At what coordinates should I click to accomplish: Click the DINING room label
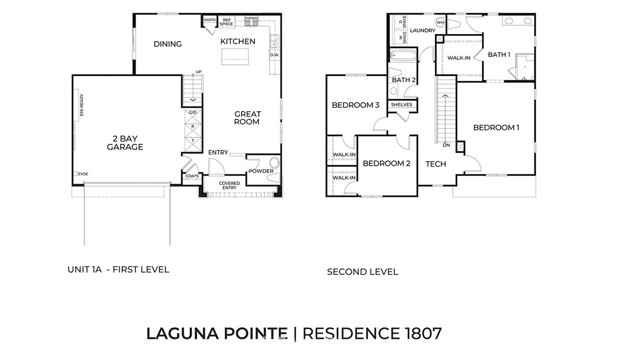click(168, 44)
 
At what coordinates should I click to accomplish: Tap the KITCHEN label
click(238, 41)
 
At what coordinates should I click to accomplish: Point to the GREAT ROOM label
click(247, 118)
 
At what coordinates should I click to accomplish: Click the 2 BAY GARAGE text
click(125, 142)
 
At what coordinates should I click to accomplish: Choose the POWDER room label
click(261, 170)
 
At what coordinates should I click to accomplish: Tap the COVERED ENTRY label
click(229, 185)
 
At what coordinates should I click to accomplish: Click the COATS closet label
click(192, 177)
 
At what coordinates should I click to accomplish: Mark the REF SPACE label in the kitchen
click(226, 21)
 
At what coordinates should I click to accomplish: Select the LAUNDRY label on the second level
click(422, 31)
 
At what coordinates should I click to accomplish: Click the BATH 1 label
click(500, 55)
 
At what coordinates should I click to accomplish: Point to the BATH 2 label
click(404, 80)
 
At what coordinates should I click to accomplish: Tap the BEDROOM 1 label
click(496, 127)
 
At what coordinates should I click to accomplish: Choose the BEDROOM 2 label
click(386, 163)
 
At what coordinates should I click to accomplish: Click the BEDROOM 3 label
click(355, 105)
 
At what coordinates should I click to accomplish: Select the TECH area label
click(435, 163)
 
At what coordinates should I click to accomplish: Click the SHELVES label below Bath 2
click(402, 104)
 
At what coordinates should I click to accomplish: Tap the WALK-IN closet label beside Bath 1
click(459, 58)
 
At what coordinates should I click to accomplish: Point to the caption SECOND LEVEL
click(362, 271)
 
